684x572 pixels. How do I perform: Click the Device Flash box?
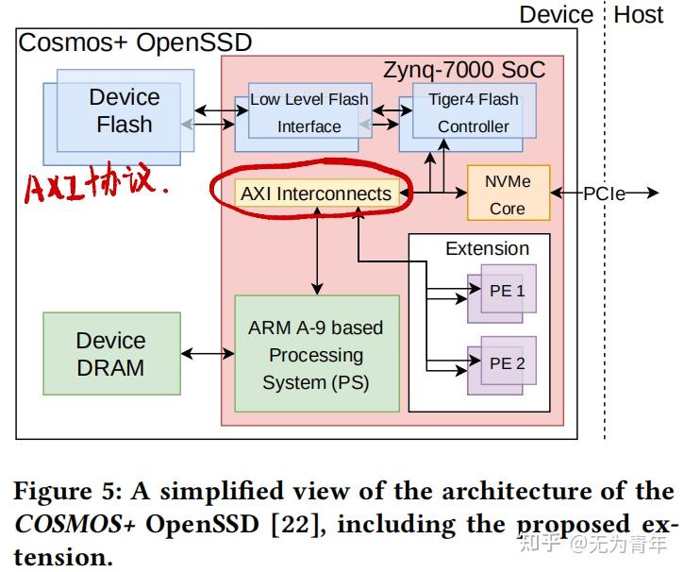click(120, 110)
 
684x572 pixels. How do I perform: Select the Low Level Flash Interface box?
click(309, 112)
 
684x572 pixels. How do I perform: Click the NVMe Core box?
click(507, 193)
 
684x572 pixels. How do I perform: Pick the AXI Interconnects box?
click(315, 193)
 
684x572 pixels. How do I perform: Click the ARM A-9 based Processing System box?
click(315, 354)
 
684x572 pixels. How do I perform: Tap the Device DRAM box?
click(111, 353)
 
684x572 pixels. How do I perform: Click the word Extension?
click(487, 249)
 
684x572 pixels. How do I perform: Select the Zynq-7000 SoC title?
click(463, 70)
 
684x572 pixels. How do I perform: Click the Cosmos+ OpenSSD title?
click(136, 42)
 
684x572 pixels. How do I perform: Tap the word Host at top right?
click(639, 14)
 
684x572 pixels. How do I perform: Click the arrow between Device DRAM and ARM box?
click(207, 353)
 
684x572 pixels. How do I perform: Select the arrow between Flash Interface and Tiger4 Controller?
click(385, 116)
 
